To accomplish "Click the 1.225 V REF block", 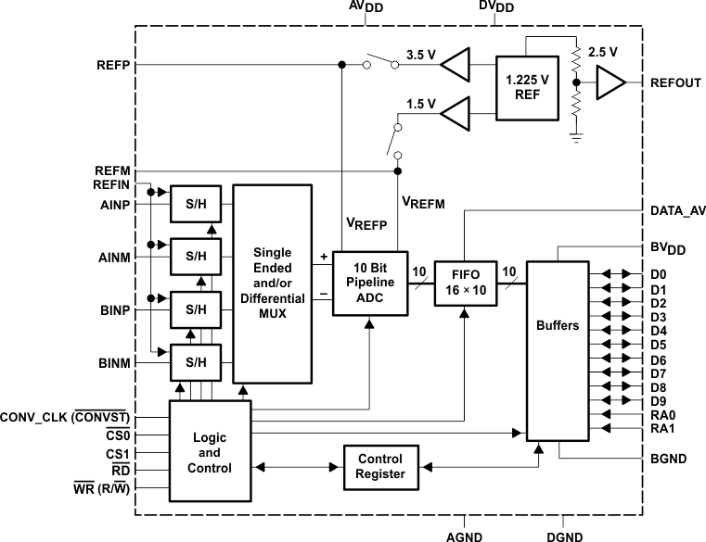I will pyautogui.click(x=527, y=87).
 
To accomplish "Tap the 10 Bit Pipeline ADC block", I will pyautogui.click(x=370, y=282).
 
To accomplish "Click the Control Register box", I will pyautogui.click(x=380, y=466).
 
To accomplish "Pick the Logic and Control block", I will pyautogui.click(x=210, y=453).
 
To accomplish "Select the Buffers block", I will pyautogui.click(x=558, y=325).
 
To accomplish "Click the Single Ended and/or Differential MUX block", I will pyautogui.click(x=272, y=284).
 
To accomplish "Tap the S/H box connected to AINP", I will pyautogui.click(x=196, y=204).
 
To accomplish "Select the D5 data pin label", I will pyautogui.click(x=659, y=345).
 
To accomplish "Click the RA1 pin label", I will pyautogui.click(x=662, y=430).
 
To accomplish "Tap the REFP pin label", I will pyautogui.click(x=112, y=65).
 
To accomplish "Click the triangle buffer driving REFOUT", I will pyautogui.click(x=610, y=85).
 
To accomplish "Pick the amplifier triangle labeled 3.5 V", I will pyautogui.click(x=456, y=65).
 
